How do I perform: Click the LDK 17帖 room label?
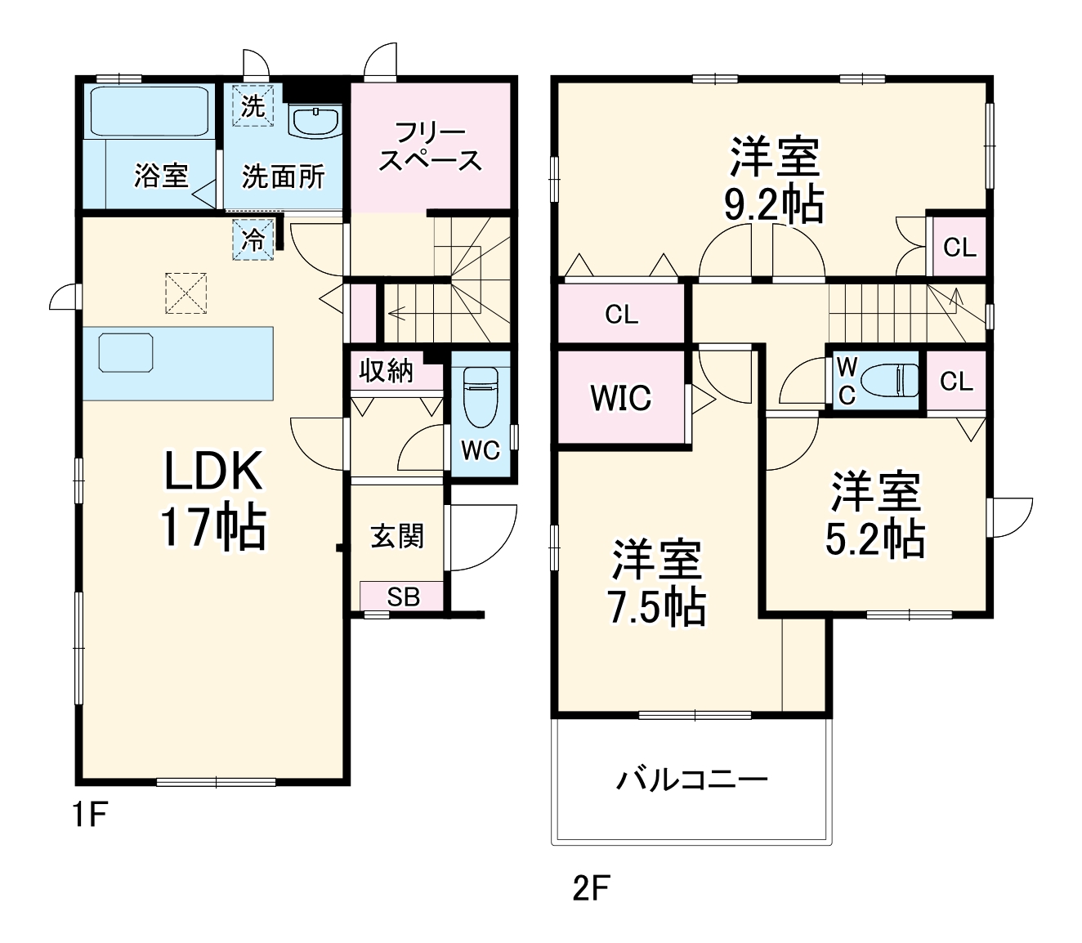(212, 498)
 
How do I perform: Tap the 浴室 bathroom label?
(161, 176)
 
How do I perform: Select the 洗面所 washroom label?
(283, 177)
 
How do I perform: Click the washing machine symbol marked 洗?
(253, 106)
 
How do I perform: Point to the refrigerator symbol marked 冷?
(253, 240)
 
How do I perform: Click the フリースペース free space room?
(430, 147)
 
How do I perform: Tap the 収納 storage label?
(387, 371)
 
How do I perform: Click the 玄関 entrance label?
(397, 536)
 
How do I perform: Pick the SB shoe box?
(403, 597)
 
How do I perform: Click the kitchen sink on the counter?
(126, 353)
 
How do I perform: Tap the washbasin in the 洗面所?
(315, 122)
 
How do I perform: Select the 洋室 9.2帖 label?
(774, 181)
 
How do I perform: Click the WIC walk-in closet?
(620, 398)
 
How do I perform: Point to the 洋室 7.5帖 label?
(656, 583)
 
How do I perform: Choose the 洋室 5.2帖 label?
(875, 515)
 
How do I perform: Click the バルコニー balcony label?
(692, 780)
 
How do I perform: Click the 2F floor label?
(591, 887)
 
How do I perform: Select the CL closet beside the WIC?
(621, 315)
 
